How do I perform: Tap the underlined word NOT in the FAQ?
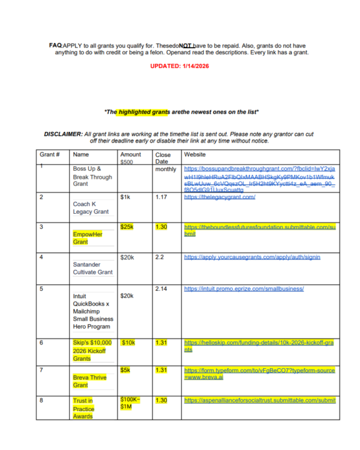coord(186,46)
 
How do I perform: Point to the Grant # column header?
coord(49,154)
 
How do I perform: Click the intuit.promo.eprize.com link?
coord(244,289)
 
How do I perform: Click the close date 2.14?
coord(162,288)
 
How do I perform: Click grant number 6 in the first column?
coord(41,342)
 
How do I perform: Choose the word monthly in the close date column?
coord(166,169)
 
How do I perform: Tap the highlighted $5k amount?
coord(125,370)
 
